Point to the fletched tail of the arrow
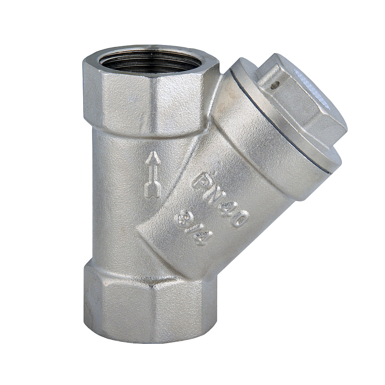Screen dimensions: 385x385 (152, 190)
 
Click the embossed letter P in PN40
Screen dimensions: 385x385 (203, 180)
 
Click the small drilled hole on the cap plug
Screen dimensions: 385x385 (274, 85)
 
